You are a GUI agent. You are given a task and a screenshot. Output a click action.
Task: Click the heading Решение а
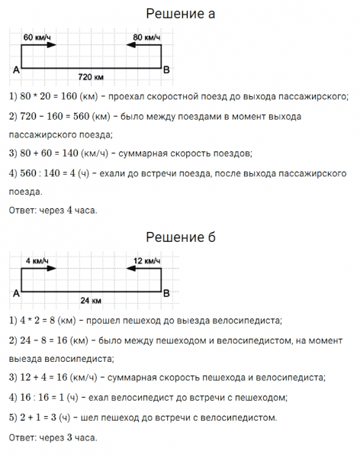click(x=180, y=14)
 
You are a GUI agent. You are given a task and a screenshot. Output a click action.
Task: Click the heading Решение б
click(x=180, y=237)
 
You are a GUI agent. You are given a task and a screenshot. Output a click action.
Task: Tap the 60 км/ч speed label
click(x=37, y=37)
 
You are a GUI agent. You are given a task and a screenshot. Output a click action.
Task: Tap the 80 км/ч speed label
click(x=146, y=37)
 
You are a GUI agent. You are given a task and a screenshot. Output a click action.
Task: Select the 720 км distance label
click(x=92, y=77)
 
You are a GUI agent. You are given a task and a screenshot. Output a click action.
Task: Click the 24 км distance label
click(x=92, y=300)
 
